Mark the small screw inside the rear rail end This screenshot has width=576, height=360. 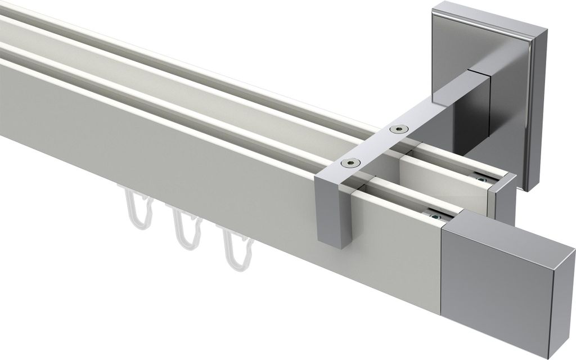(x=480, y=179)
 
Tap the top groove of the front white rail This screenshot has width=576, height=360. (x=169, y=110)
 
